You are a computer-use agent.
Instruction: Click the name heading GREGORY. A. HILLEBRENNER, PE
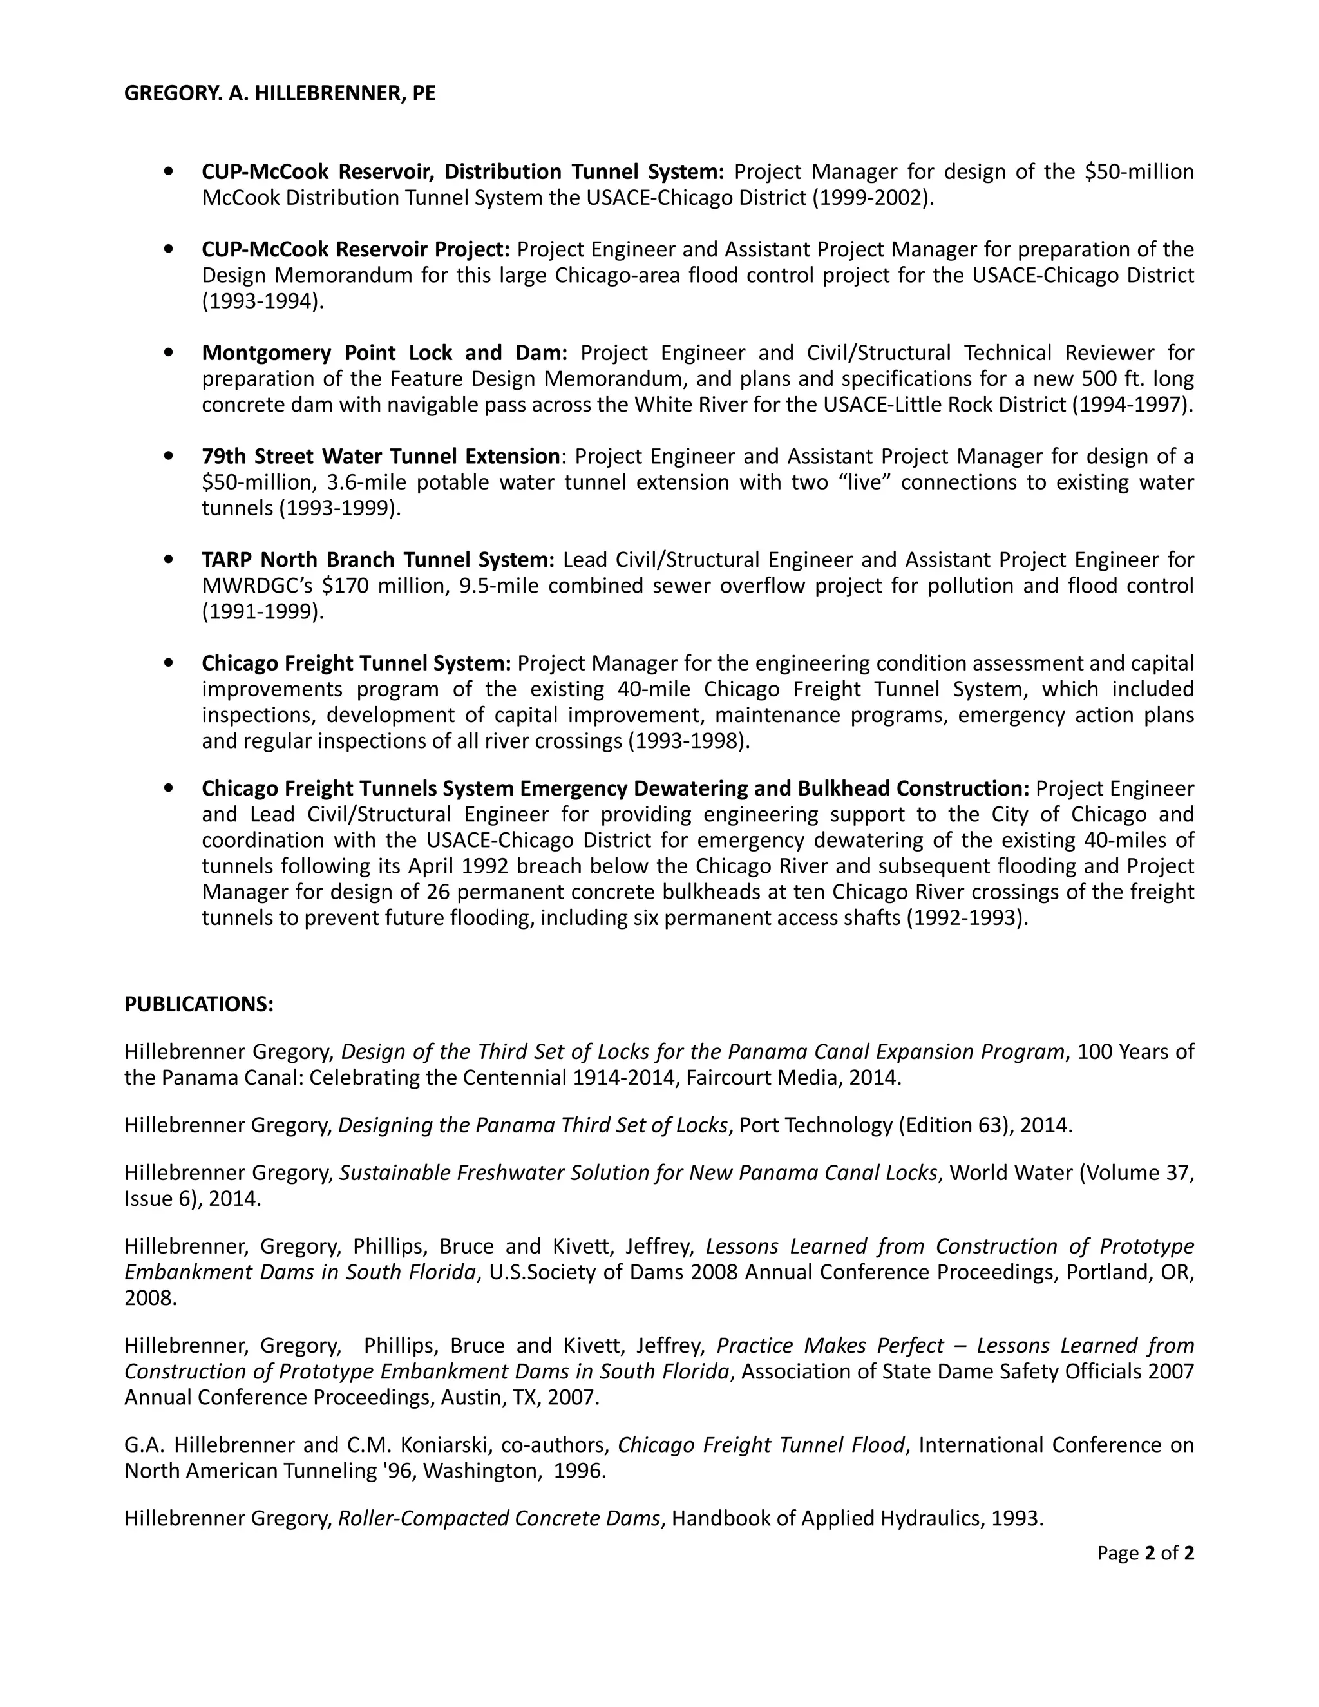pos(280,94)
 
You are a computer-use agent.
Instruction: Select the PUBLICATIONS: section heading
pos(198,1004)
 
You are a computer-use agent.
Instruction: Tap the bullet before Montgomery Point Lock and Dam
pos(169,352)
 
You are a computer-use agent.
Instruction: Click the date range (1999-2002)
pos(873,198)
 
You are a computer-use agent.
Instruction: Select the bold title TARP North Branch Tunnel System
pos(377,560)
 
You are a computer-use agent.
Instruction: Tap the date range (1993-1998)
pos(688,740)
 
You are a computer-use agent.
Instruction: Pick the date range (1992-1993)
pos(967,917)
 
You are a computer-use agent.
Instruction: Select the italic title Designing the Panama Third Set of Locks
pos(533,1125)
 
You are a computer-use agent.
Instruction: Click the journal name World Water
pos(1011,1172)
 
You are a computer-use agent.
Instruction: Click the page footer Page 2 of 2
pos(1144,1553)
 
